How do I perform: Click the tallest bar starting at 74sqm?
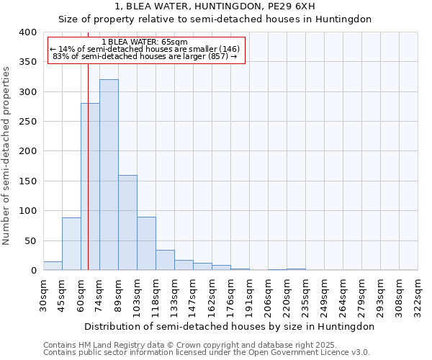109,175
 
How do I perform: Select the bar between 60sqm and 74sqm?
90,187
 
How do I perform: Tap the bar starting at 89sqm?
127,222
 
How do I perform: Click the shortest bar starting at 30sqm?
53,266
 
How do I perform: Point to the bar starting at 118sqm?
165,260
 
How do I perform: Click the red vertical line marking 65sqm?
88,151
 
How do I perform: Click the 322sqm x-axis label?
418,295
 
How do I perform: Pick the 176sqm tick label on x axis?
231,295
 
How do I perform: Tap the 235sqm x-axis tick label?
306,295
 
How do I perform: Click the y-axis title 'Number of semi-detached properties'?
6,156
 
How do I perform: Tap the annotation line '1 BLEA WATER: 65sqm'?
145,42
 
